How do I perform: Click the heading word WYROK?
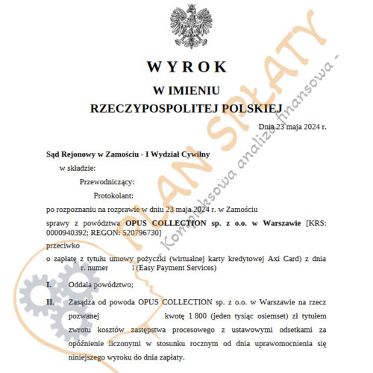coord(186,66)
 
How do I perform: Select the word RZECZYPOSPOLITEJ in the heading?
coord(148,109)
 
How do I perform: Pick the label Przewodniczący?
coord(106,181)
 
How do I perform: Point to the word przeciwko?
coord(62,244)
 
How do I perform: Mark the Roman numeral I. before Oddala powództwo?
coord(49,285)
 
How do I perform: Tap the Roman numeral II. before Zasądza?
coord(51,301)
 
